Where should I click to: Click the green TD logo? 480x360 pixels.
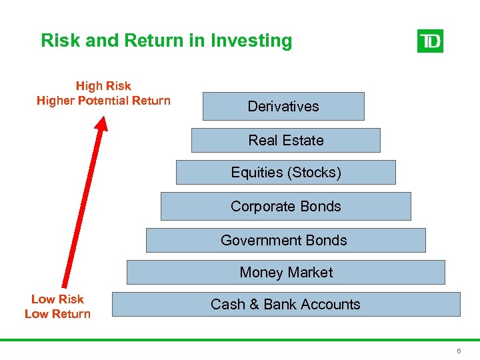click(x=430, y=41)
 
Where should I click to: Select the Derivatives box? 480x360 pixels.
click(x=283, y=106)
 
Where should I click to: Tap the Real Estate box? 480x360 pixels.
click(x=285, y=140)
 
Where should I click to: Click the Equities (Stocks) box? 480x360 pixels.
click(x=285, y=172)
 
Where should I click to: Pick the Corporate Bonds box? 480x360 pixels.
click(x=285, y=206)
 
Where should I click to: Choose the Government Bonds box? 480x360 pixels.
click(x=285, y=240)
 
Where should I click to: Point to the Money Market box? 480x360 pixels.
click(x=285, y=272)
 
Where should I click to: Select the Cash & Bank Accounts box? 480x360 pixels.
click(x=285, y=304)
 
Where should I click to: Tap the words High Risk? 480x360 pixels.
click(x=103, y=86)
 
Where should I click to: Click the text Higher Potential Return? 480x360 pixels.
click(x=103, y=101)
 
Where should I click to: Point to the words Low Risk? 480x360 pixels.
click(x=57, y=299)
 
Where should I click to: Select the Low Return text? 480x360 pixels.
click(x=57, y=314)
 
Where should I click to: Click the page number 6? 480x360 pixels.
click(x=459, y=351)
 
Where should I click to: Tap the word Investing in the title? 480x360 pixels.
click(x=251, y=41)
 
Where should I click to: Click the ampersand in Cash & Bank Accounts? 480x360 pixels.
click(x=255, y=305)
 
